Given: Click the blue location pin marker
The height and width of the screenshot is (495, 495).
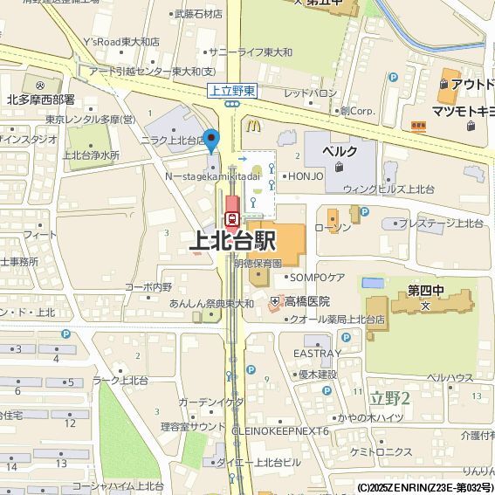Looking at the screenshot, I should (x=210, y=140).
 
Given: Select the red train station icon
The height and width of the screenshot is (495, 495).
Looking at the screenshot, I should (x=232, y=218).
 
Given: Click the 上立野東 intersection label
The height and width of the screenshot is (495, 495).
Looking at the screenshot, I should (x=232, y=90).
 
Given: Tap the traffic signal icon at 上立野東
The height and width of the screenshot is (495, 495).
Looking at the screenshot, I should (x=232, y=104).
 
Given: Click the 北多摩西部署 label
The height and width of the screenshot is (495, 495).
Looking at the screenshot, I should (x=41, y=100).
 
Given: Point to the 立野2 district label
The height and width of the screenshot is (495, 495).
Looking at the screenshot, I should (x=390, y=397).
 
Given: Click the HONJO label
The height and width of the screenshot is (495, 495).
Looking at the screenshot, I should (x=306, y=175).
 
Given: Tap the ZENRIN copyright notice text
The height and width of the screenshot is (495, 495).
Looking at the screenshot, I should (x=425, y=488).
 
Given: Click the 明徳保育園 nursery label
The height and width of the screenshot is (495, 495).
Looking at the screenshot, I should (x=258, y=262).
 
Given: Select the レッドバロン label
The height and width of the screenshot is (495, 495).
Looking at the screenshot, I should (x=310, y=93).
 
